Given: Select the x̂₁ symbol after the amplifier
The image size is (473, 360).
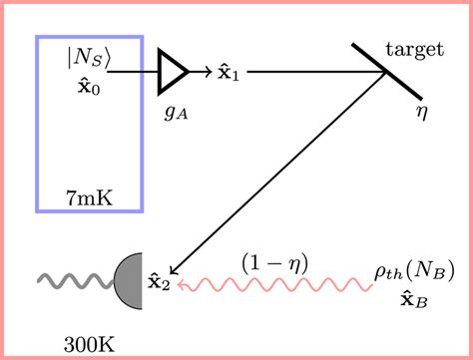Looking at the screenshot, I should click(229, 73).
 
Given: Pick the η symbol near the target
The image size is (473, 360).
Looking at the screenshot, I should click(420, 108).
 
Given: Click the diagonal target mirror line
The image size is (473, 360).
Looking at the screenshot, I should click(385, 73).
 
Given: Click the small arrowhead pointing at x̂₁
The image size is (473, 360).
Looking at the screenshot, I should click(207, 73).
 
